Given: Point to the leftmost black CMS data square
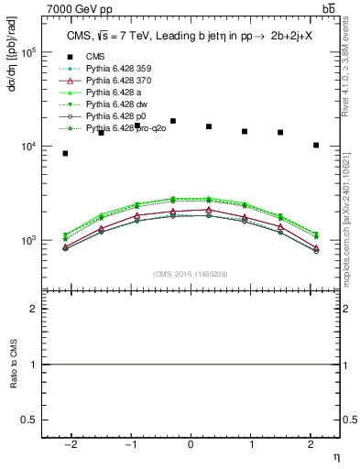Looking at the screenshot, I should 65,153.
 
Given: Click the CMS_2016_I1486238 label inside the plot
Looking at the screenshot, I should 191,274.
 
